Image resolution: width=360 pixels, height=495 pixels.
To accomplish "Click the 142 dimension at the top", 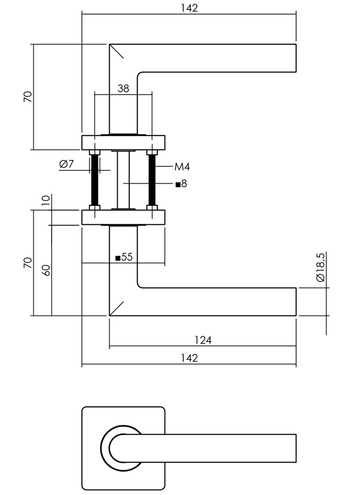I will pyautogui.click(x=188, y=8).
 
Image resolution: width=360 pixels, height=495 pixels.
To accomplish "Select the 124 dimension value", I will pyautogui.click(x=202, y=340).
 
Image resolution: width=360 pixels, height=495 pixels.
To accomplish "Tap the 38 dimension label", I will pyautogui.click(x=123, y=88).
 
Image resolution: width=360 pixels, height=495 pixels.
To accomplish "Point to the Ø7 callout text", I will pyautogui.click(x=67, y=164).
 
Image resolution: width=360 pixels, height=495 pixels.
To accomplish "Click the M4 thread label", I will pyautogui.click(x=182, y=167).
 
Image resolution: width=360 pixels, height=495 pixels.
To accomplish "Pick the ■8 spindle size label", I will pyautogui.click(x=181, y=184).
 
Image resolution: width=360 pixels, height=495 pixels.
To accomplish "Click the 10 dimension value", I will pyautogui.click(x=46, y=200).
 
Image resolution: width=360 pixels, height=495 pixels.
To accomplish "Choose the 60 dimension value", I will pyautogui.click(x=46, y=270).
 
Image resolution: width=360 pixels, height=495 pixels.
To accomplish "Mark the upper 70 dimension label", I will pyautogui.click(x=28, y=97).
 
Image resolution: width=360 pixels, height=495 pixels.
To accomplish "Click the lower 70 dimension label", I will pyautogui.click(x=28, y=262).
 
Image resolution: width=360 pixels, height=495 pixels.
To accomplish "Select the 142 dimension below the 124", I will pyautogui.click(x=188, y=358).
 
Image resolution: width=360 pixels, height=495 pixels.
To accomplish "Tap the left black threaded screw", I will pyautogui.click(x=95, y=180).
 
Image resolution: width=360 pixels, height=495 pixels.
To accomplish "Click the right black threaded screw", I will pyautogui.click(x=152, y=180).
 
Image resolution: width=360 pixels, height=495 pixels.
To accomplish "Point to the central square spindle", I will pyautogui.click(x=124, y=180).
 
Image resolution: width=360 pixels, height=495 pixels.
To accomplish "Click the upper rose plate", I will pyautogui.click(x=124, y=143).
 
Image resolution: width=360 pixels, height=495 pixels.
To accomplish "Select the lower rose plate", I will pyautogui.click(x=124, y=217).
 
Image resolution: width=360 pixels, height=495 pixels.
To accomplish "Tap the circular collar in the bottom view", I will pyautogui.click(x=106, y=449).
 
